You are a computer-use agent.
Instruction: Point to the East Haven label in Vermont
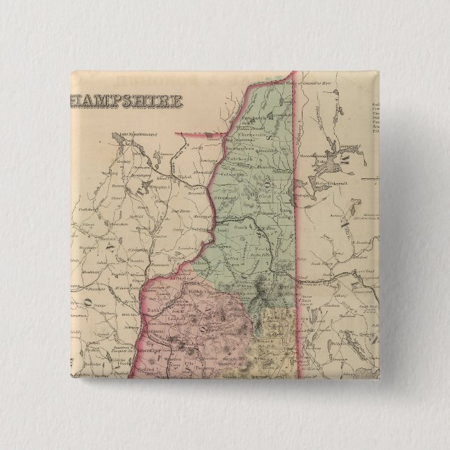click(181, 210)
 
